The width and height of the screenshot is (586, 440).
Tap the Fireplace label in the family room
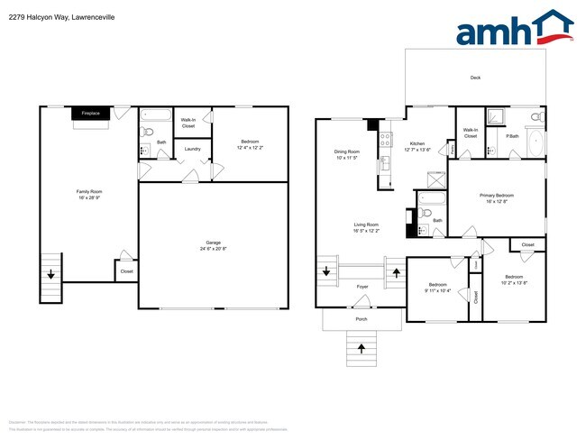tap(90, 114)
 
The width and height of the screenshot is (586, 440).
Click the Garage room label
tap(213, 243)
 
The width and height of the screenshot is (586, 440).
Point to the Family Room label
tap(87, 190)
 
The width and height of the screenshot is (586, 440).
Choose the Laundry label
tap(192, 149)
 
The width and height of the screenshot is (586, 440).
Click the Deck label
tap(475, 78)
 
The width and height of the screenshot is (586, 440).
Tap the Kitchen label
tap(417, 143)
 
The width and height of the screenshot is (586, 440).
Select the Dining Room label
tap(347, 151)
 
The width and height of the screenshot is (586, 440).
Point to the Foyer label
tap(362, 287)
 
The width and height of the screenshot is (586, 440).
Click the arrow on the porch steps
tap(362, 347)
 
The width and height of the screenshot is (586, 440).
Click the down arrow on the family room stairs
tap(50, 274)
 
